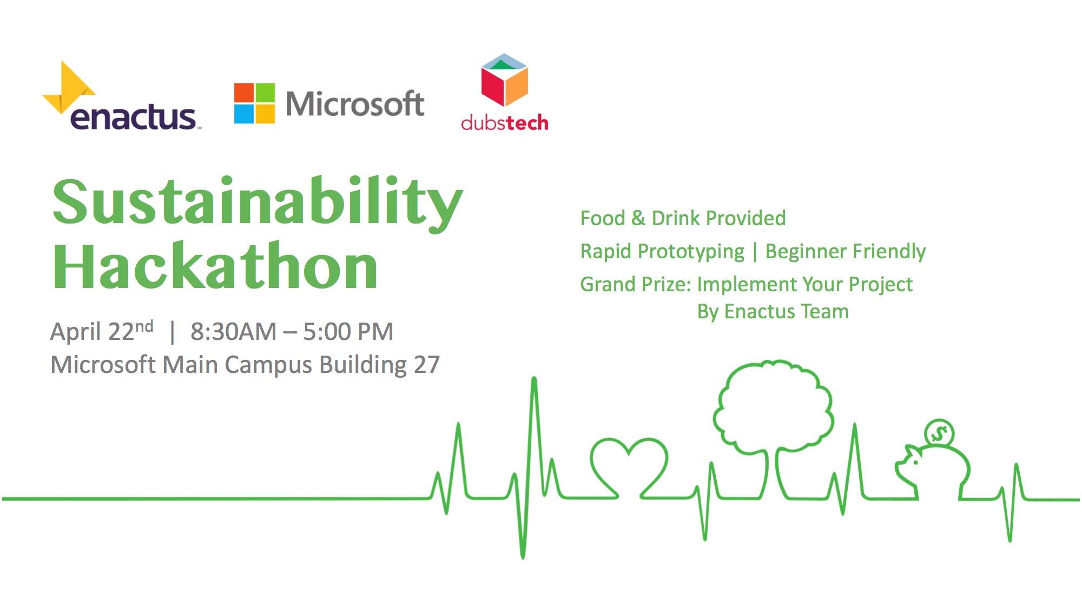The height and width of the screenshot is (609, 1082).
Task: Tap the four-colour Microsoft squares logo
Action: tap(254, 103)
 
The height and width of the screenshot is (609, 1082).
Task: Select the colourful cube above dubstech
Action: tap(504, 80)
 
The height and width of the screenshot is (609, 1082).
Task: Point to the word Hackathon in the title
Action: tap(215, 266)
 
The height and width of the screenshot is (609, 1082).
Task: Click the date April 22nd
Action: tap(102, 331)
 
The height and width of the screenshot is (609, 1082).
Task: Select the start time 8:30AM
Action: tap(233, 331)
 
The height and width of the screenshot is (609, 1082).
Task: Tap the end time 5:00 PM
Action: tap(348, 331)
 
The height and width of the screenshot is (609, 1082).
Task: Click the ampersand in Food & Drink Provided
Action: tap(638, 218)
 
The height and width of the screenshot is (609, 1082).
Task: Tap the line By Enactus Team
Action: tap(773, 312)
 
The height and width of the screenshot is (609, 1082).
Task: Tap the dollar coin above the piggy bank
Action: tap(939, 434)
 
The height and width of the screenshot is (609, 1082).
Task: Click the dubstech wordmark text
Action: tap(504, 122)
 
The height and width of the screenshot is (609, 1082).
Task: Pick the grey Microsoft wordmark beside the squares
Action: tap(355, 103)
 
